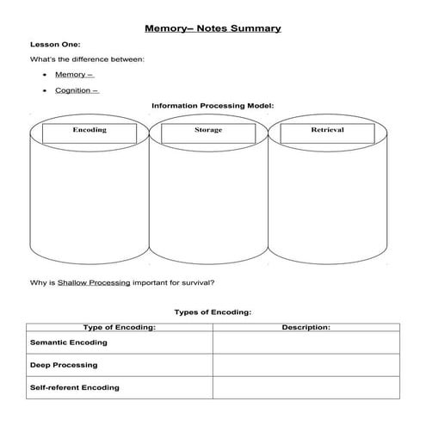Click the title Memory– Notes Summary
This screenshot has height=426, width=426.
pos(213,28)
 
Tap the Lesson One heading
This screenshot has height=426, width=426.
pos(56,44)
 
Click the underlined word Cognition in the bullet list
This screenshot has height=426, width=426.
pos(75,90)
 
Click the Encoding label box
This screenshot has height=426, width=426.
pos(90,131)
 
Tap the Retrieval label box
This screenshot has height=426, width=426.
pos(327,131)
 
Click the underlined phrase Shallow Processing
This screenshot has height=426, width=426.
pos(95,281)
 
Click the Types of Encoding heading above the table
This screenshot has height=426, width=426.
pos(213,312)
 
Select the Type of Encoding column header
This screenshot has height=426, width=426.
pos(119,327)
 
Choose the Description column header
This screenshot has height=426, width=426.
pos(306,327)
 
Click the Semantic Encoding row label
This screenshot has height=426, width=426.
pos(69,343)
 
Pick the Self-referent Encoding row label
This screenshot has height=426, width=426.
pos(75,387)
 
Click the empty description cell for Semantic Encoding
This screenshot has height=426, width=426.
pos(306,343)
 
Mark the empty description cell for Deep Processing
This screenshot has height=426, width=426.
pos(306,365)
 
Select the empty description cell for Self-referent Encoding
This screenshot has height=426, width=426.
pos(306,387)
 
